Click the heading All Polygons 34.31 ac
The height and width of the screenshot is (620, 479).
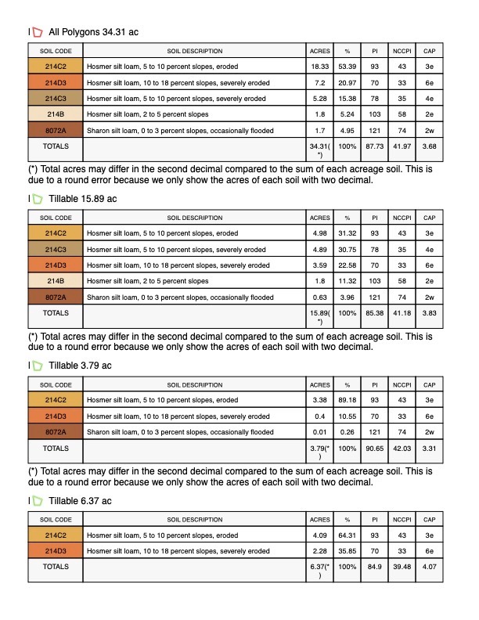click(93, 32)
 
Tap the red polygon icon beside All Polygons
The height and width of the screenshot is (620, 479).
click(37, 32)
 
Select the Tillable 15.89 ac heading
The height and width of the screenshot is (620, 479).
click(82, 199)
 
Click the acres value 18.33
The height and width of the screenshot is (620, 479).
click(320, 67)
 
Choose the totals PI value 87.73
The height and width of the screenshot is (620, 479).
click(375, 146)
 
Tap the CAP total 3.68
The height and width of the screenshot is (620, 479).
click(429, 146)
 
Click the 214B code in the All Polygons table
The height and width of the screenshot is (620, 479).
click(56, 114)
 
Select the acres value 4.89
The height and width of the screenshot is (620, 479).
click(320, 250)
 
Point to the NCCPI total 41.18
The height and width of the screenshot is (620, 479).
click(402, 313)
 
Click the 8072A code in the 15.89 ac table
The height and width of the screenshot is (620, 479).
click(56, 297)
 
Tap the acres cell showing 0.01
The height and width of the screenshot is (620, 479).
click(320, 431)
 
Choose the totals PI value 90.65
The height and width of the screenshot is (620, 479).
click(375, 449)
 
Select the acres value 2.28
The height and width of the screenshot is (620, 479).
click(320, 551)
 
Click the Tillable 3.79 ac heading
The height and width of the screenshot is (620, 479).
click(80, 366)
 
